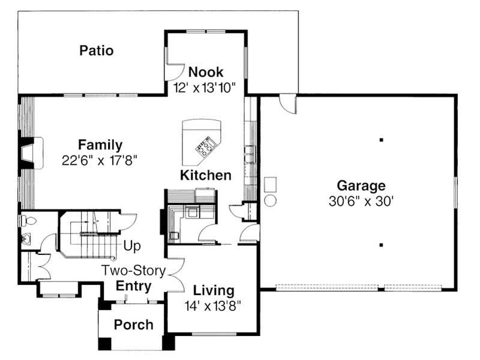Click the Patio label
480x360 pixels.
coord(96,50)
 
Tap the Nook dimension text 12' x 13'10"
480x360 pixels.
coord(205,87)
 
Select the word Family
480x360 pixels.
coord(100,145)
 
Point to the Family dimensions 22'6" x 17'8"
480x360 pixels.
coord(100,160)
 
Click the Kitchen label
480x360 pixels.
coord(205,175)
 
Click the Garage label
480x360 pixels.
coord(361,185)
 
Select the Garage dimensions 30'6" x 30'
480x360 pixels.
coord(361,202)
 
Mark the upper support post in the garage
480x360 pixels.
coord(381,140)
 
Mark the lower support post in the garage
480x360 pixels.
coord(381,244)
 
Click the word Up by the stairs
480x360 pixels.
coord(132,245)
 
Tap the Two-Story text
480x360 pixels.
coord(133,271)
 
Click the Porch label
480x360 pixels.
coord(133,325)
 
